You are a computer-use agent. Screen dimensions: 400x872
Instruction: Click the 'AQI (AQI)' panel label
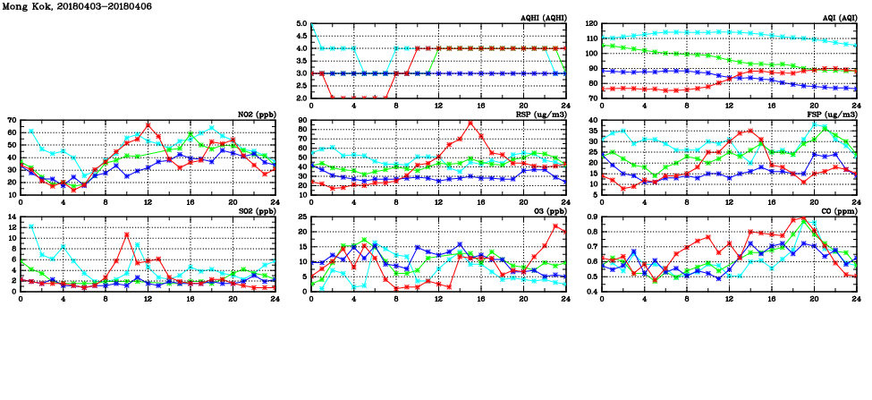click(x=835, y=18)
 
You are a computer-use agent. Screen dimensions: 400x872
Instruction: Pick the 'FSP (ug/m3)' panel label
click(x=834, y=114)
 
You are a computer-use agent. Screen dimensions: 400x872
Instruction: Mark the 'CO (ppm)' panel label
click(x=837, y=210)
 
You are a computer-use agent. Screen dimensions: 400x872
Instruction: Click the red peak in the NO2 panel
click(x=148, y=124)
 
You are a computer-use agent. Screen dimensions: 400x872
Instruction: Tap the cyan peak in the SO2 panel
click(x=31, y=226)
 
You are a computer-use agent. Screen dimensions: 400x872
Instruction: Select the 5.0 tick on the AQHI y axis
click(x=301, y=24)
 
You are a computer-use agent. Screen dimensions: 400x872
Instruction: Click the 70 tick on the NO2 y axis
click(x=12, y=120)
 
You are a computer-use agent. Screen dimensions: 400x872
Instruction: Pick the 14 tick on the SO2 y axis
click(x=12, y=217)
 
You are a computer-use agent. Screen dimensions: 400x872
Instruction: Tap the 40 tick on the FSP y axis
click(x=592, y=120)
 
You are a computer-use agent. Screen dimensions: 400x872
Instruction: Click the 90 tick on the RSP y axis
click(x=301, y=120)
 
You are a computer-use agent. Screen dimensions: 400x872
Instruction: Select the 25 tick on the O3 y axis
click(x=301, y=217)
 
